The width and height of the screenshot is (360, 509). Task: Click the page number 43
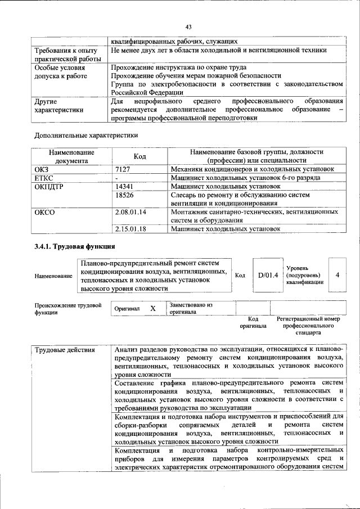coord(189,27)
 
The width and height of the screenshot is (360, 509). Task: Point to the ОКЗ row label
coord(42,168)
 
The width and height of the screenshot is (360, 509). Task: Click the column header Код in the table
coord(141,156)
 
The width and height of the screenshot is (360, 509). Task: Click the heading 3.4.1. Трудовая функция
coord(75,246)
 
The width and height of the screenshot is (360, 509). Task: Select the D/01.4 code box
coord(268,275)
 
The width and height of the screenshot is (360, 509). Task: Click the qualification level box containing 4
coord(337,275)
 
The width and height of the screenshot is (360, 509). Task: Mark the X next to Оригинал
coord(152,309)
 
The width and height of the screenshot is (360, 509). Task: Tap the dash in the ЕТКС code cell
coord(116,177)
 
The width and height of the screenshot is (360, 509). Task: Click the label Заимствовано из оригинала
coord(191,308)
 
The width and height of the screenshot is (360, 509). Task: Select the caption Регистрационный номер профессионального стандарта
coord(308,326)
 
